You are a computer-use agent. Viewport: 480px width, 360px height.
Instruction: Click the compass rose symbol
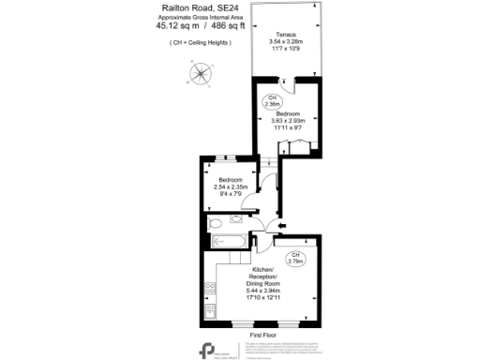tap(202, 72)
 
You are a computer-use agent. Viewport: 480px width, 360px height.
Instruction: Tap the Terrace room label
tap(287, 34)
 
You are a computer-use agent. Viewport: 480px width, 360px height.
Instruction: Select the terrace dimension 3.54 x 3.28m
tap(287, 41)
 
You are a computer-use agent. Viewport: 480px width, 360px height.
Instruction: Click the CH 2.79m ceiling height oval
tap(294, 258)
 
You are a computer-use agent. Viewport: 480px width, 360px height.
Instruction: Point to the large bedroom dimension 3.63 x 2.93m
tap(287, 120)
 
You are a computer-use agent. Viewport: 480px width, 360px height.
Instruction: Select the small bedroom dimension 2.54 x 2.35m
tap(231, 187)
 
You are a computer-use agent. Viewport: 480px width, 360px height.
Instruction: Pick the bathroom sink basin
tap(240, 222)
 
